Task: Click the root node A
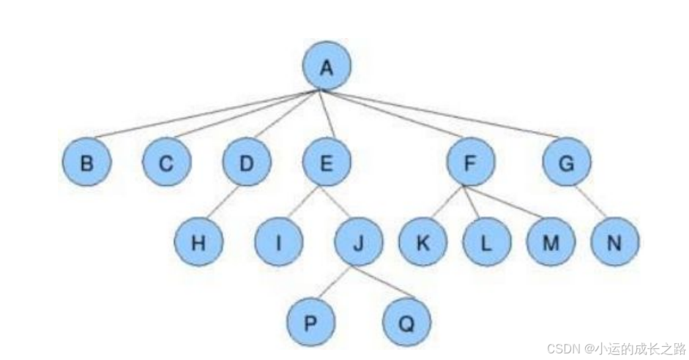327,67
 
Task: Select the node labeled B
86,162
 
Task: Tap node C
166,162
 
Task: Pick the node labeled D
246,162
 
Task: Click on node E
327,162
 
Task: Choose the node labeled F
469,162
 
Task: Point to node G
566,162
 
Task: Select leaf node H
198,243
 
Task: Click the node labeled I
279,243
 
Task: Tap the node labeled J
358,243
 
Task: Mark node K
422,243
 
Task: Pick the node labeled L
486,243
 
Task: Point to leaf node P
310,322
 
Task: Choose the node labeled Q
406,322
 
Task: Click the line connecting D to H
223,202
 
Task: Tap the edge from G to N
589,203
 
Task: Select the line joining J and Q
381,282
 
